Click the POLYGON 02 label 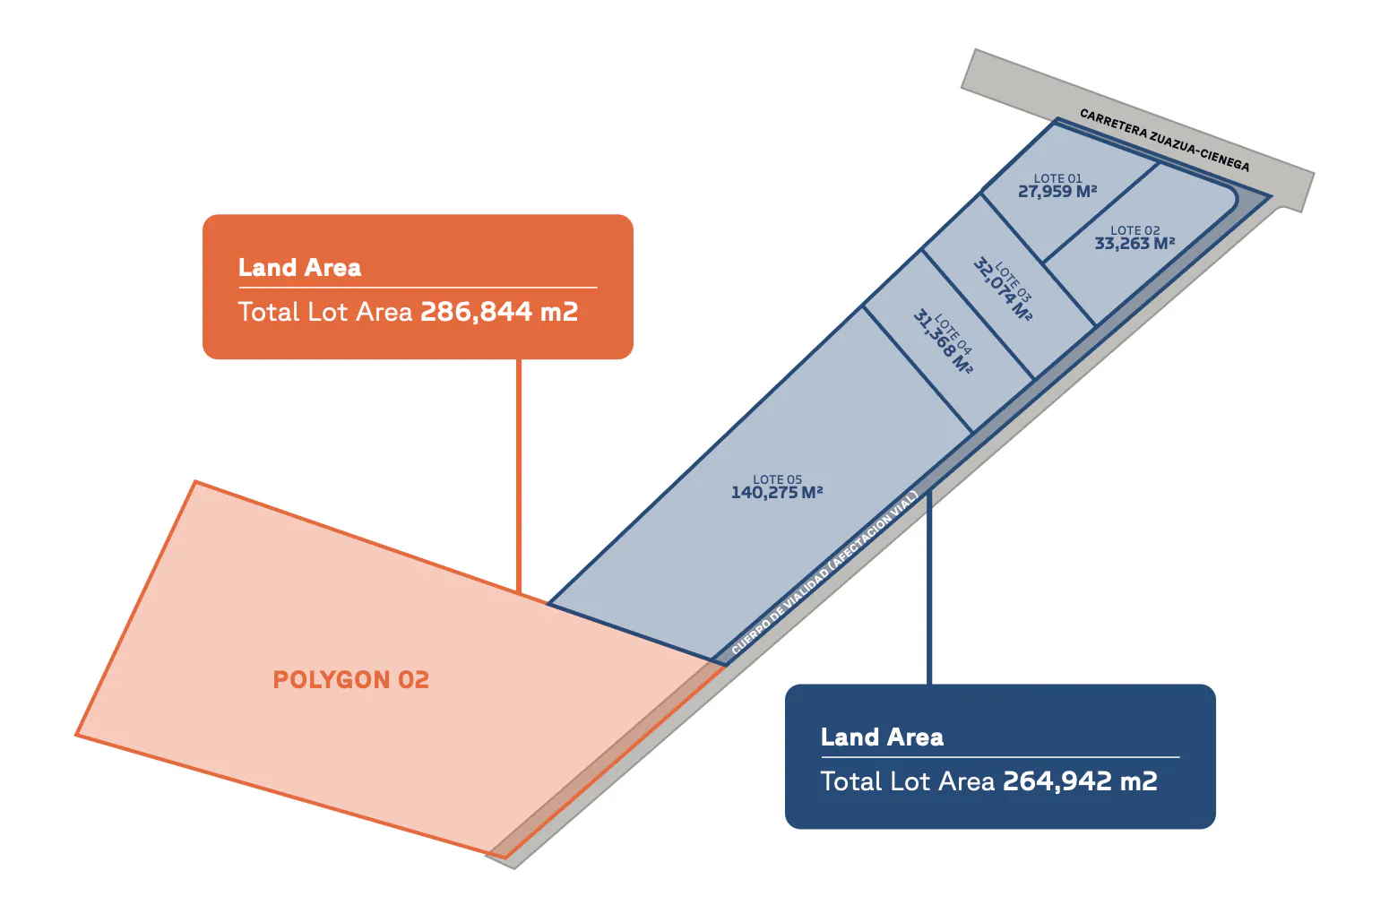coord(351,680)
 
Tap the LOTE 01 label coord(1057,178)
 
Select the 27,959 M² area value coord(1057,192)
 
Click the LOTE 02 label coord(1134,230)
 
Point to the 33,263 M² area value coord(1134,244)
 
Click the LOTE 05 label coord(777,479)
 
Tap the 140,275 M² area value coord(776,493)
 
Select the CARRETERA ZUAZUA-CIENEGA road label coord(1165,140)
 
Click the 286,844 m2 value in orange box coord(499,312)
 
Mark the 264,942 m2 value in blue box coord(1080,781)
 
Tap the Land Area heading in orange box coord(299,268)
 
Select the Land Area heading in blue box coord(882,737)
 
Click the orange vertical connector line coord(519,476)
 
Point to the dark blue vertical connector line coord(929,588)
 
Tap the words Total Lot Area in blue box coord(908,781)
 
